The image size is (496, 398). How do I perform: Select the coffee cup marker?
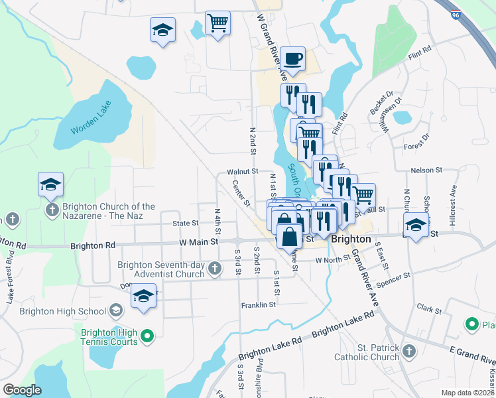tap(292, 59)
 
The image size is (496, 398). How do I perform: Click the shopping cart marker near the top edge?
tap(217, 23)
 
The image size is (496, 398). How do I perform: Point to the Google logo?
tap(22, 390)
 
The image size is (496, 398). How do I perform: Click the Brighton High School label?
tap(63, 310)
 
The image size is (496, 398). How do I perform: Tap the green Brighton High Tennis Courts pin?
tap(147, 336)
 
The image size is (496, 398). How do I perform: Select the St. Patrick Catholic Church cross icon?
tap(409, 350)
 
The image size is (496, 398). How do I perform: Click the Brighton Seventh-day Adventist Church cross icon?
tap(214, 269)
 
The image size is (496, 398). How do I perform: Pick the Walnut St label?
tap(242, 171)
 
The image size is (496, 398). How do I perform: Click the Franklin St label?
tap(258, 304)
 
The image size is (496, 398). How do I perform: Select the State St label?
tap(186, 224)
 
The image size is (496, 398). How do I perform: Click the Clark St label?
tap(429, 310)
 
